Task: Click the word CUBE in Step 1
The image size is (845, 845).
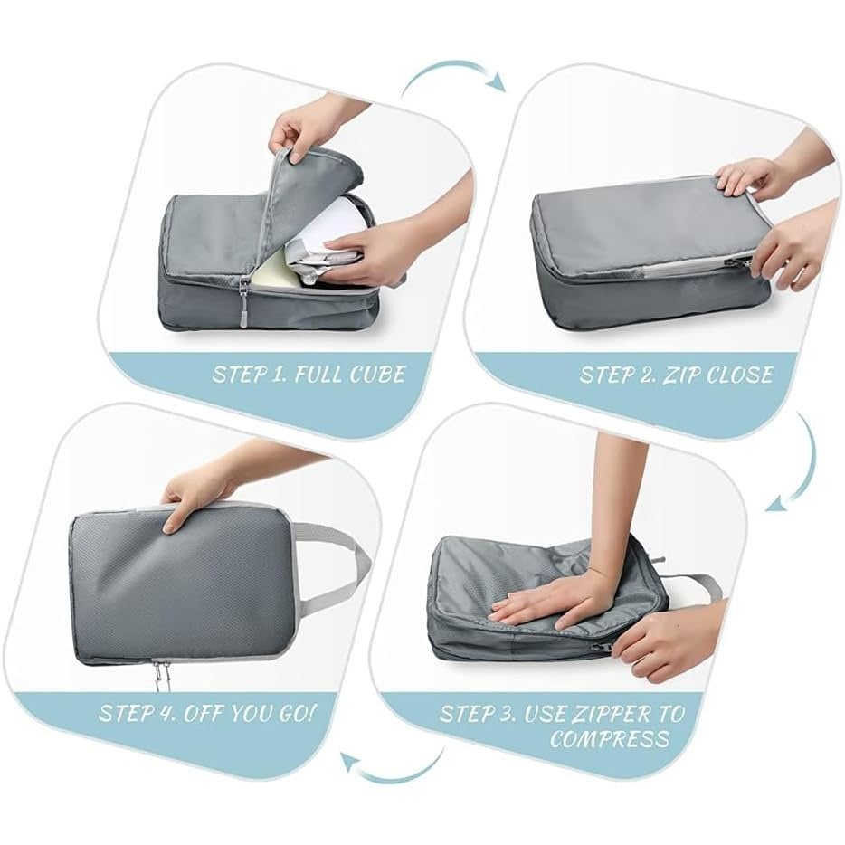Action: point(376,374)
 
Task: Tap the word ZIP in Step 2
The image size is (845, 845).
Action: point(681,375)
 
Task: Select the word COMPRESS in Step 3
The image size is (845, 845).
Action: point(610,739)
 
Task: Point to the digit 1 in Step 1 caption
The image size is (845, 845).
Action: point(277,375)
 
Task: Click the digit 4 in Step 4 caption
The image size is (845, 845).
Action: point(166,714)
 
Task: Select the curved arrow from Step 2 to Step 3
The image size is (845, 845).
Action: point(804,463)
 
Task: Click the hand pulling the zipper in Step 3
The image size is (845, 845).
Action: point(663,639)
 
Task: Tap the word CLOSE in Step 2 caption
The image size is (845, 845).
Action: point(740,375)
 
